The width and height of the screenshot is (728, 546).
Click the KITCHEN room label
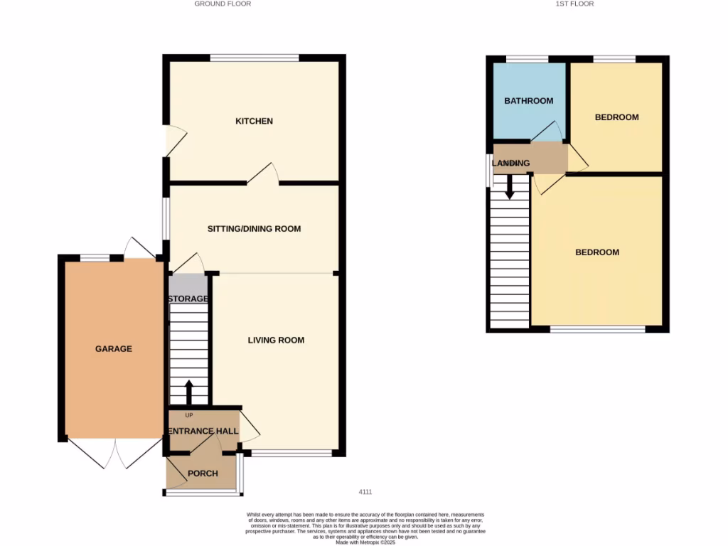pyautogui.click(x=254, y=122)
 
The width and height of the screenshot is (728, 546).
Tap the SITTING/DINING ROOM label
pyautogui.click(x=254, y=229)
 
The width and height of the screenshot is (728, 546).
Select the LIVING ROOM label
pyautogui.click(x=276, y=341)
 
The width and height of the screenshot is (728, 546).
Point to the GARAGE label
pyautogui.click(x=114, y=349)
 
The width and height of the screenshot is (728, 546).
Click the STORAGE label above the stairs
pyautogui.click(x=188, y=299)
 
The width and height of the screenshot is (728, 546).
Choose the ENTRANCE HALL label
pyautogui.click(x=203, y=432)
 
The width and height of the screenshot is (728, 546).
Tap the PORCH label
pyautogui.click(x=203, y=474)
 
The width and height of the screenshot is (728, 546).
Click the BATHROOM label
pyautogui.click(x=528, y=101)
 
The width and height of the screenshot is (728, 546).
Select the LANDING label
pyautogui.click(x=511, y=164)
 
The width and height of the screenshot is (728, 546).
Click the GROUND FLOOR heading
pyautogui.click(x=223, y=4)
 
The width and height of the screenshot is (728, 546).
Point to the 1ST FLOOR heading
pyautogui.click(x=574, y=4)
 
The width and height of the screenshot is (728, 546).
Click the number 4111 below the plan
pyautogui.click(x=365, y=492)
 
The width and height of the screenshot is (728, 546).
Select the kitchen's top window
pyautogui.click(x=254, y=58)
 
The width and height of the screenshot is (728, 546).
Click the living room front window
pyautogui.click(x=291, y=453)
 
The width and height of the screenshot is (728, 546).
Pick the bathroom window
pyautogui.click(x=527, y=58)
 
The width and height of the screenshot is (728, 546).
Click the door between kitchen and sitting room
pyautogui.click(x=264, y=175)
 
